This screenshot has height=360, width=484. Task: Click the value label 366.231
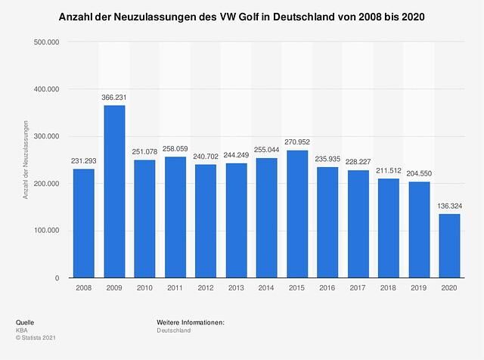(x=114, y=97)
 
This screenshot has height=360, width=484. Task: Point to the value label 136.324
(x=450, y=206)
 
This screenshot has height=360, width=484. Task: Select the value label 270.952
(x=297, y=142)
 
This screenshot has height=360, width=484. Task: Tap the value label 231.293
(x=84, y=160)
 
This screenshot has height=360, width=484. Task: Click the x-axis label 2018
(x=389, y=289)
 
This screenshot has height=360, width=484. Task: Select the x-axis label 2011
(x=175, y=289)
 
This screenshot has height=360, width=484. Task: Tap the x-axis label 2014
(x=267, y=289)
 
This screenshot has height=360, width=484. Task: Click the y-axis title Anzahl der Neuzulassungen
(x=26, y=160)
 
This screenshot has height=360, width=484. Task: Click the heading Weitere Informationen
(x=191, y=323)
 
